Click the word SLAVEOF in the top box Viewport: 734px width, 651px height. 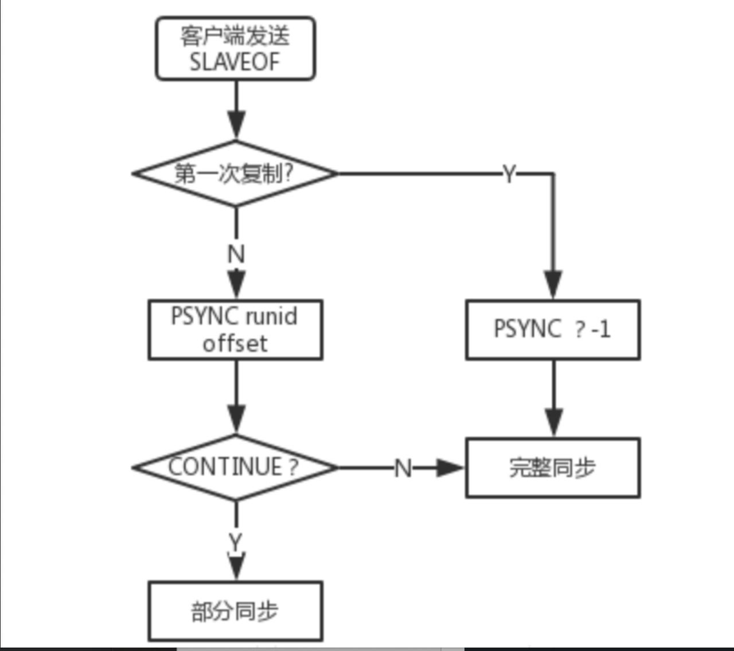[235, 61]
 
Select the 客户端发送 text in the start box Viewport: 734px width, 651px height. [235, 36]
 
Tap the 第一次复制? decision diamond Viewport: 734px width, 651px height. [235, 174]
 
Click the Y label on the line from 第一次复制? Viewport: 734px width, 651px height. [509, 174]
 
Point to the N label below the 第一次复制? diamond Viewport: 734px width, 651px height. [236, 253]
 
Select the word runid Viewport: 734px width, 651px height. [271, 316]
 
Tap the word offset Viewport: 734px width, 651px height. [235, 343]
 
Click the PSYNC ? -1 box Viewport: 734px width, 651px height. [553, 330]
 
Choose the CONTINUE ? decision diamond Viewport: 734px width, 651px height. [235, 468]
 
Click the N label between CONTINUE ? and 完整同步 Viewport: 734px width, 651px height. [403, 468]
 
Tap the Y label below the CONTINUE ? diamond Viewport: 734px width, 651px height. [236, 542]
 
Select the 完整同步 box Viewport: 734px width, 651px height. [553, 468]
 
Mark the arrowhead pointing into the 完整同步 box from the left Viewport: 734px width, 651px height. [450, 468]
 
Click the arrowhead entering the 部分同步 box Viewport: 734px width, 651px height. [237, 566]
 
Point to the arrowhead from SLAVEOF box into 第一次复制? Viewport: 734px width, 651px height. [237, 124]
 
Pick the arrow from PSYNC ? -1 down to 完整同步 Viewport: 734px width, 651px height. [553, 398]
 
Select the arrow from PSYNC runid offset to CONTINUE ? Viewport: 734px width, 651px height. [237, 397]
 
